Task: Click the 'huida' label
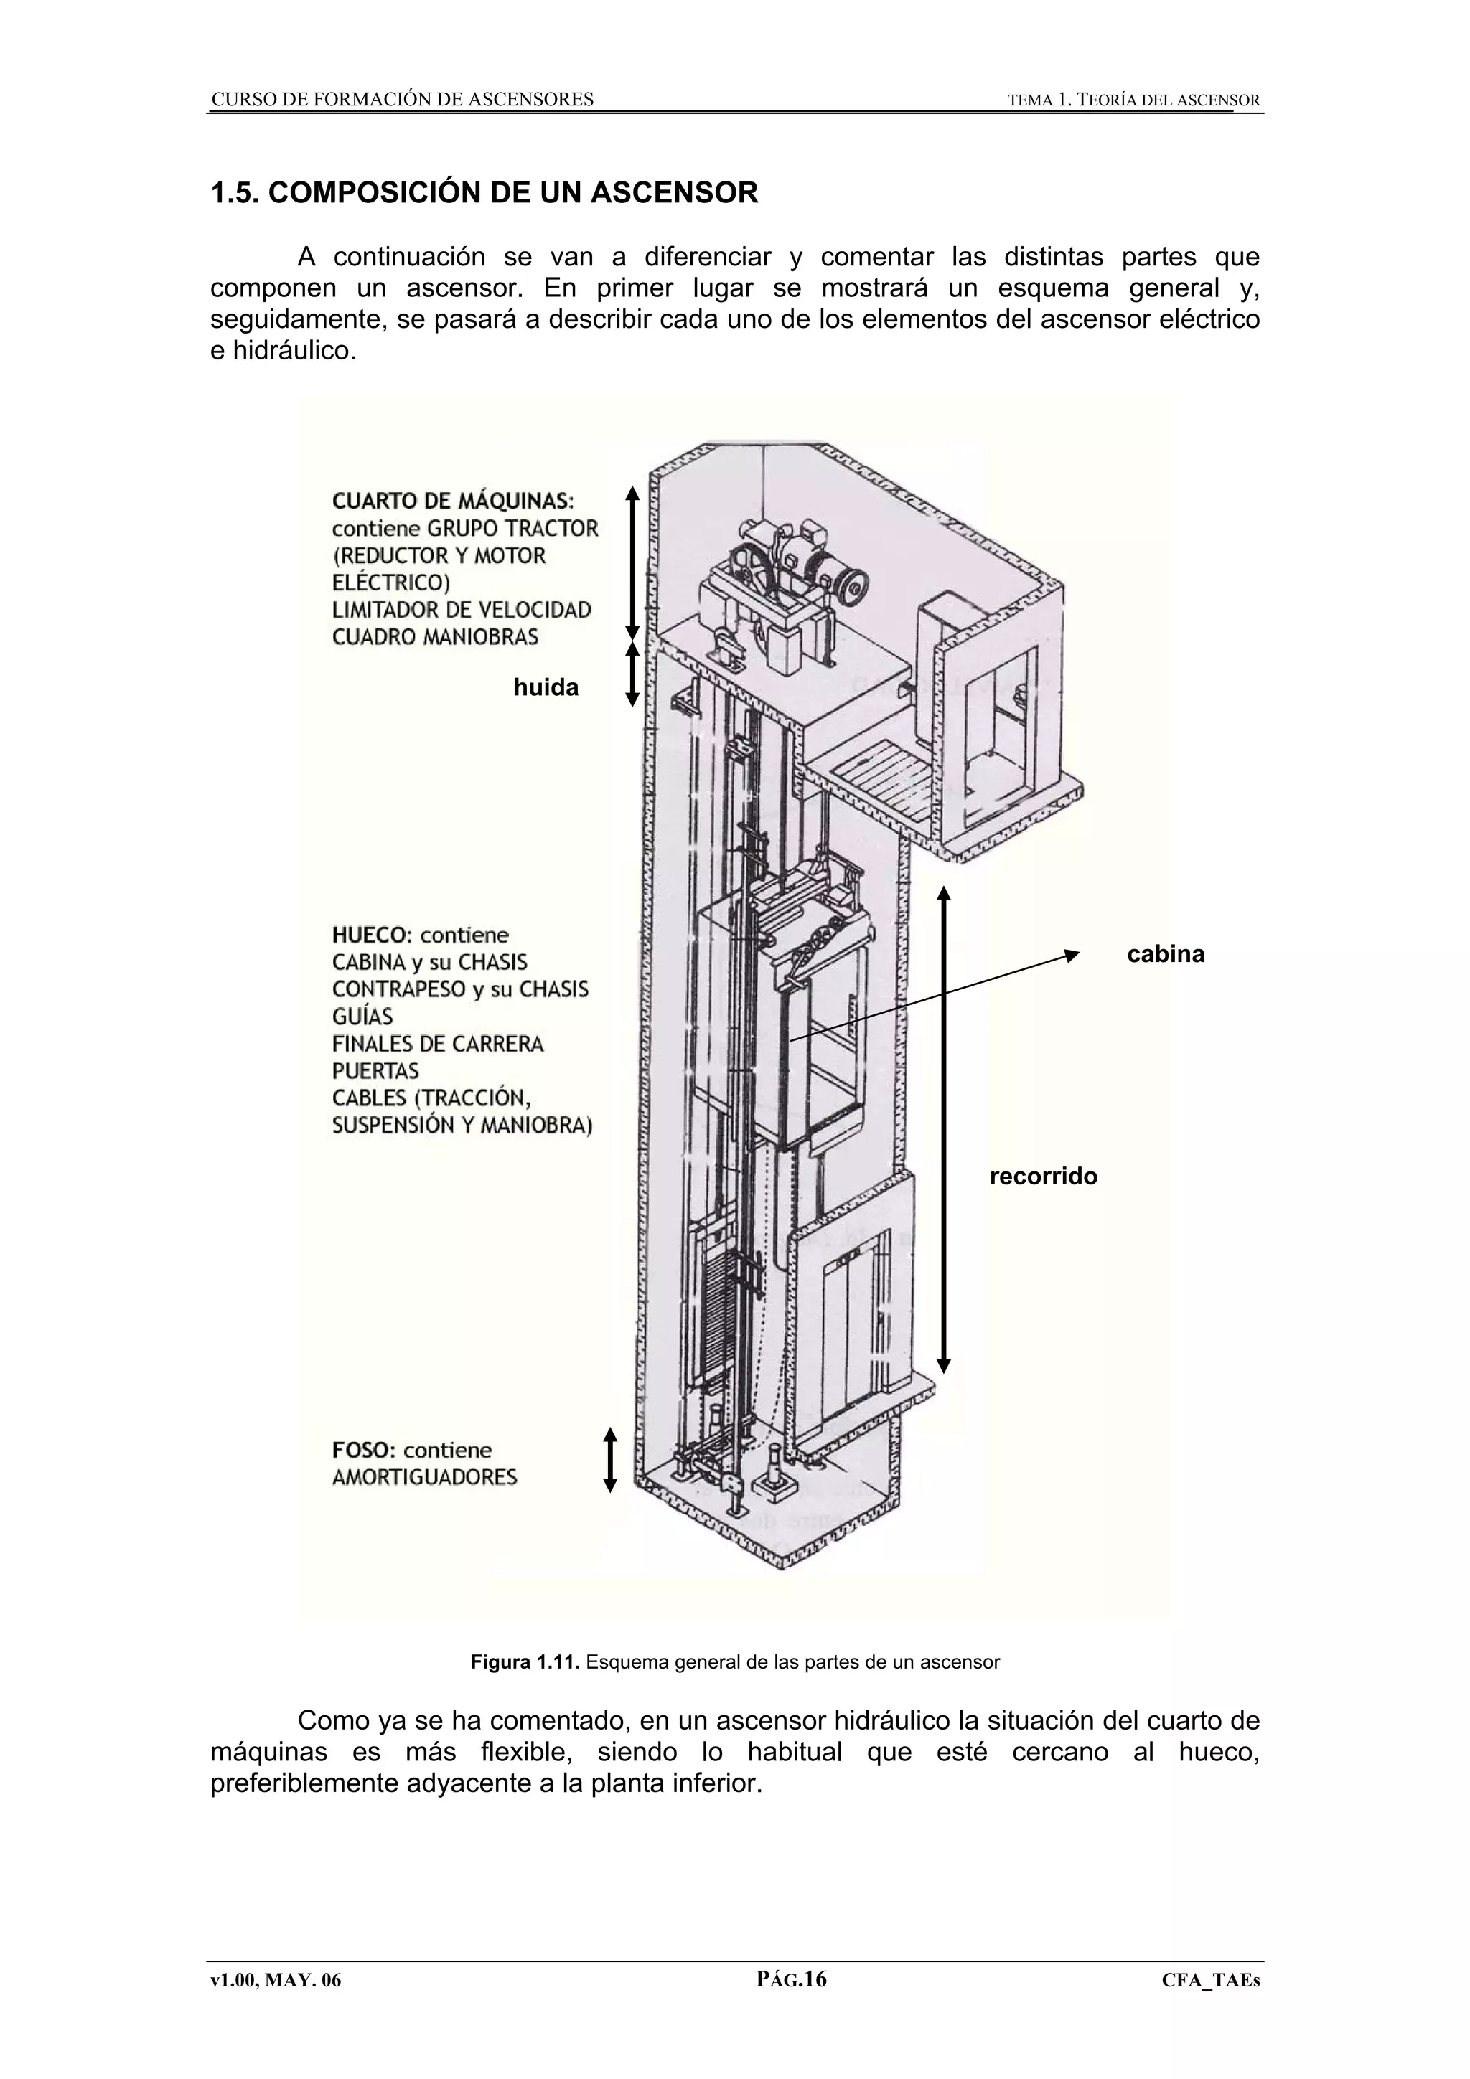[x=546, y=688]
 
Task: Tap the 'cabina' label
[x=1166, y=954]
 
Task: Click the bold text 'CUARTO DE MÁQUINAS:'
[x=453, y=501]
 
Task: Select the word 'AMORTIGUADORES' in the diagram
[x=425, y=1478]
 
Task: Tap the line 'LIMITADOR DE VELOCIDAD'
[x=462, y=609]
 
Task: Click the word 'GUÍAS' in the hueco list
[x=362, y=1016]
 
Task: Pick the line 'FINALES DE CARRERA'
[x=437, y=1044]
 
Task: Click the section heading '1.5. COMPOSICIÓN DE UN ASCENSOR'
[x=484, y=193]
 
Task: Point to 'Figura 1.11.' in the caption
[x=525, y=1662]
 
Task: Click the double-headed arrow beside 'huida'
[x=632, y=674]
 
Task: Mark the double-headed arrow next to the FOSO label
[x=609, y=1460]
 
